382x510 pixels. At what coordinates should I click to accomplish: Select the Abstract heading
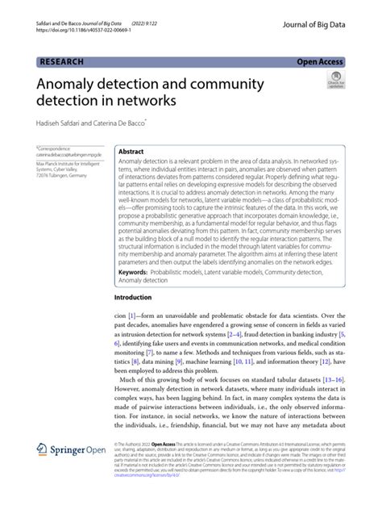click(x=131, y=151)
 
